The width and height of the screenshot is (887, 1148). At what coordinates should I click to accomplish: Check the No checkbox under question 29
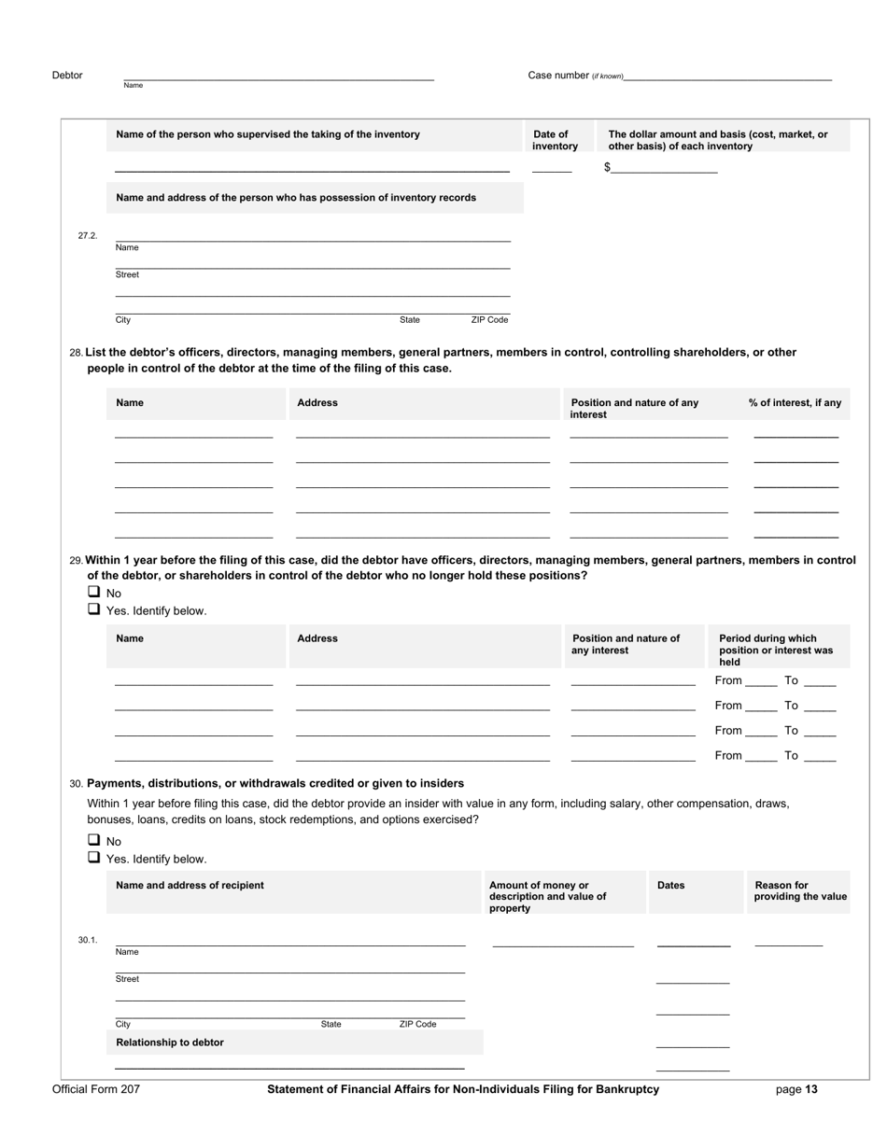point(94,592)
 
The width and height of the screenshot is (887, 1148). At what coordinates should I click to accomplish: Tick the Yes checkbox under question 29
point(94,609)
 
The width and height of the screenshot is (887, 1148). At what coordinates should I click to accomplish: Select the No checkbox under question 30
point(94,840)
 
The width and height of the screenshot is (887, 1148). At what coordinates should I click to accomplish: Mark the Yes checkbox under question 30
point(94,858)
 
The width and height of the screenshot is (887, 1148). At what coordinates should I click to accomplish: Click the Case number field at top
point(728,75)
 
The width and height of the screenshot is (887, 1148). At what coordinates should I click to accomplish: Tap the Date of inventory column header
point(556,140)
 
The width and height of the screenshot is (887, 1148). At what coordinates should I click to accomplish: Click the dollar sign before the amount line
point(607,167)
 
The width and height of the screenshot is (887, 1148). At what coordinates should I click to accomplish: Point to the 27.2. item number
point(88,236)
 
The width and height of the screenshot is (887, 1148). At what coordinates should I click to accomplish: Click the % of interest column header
point(795,403)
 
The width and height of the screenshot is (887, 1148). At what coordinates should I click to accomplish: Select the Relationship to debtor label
point(170,1043)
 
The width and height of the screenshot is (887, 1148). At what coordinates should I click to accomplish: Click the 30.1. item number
point(88,940)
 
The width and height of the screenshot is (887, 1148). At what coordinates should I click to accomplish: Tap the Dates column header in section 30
point(671,885)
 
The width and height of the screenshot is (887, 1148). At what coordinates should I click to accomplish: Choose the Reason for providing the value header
point(800,891)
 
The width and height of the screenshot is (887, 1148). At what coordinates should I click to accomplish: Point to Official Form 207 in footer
point(96,1089)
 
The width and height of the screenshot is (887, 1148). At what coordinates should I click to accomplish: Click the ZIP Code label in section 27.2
point(489,320)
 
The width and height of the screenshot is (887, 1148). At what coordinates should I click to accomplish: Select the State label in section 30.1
point(331,1024)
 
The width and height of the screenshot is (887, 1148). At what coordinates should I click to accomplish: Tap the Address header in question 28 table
point(317,403)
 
